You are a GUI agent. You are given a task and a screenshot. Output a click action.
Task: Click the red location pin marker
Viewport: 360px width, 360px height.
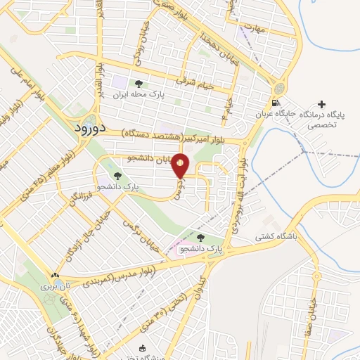coord(181,165)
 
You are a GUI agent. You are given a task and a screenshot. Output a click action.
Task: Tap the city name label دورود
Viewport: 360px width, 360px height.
coord(89,129)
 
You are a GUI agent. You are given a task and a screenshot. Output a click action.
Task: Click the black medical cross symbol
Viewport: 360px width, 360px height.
coord(322,104)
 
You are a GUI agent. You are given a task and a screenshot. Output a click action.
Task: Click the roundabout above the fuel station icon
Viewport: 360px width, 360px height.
coord(278,89)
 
